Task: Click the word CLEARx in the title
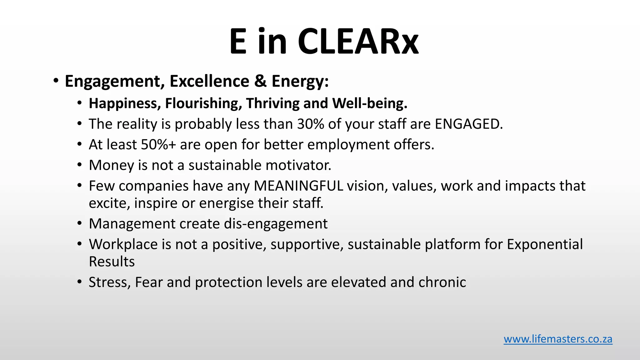pyautogui.click(x=358, y=42)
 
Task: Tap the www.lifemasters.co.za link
pyautogui.click(x=558, y=339)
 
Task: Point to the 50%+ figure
pyautogui.click(x=158, y=145)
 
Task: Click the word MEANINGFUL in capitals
pyautogui.click(x=298, y=186)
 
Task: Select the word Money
pyautogui.click(x=111, y=165)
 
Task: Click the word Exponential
pyautogui.click(x=545, y=244)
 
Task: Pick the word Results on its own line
pyautogui.click(x=112, y=262)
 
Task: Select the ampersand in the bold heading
pyautogui.click(x=260, y=81)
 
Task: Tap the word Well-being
pyautogui.click(x=370, y=103)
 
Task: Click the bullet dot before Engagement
pyautogui.click(x=56, y=81)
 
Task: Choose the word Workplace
pyautogui.click(x=123, y=244)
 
